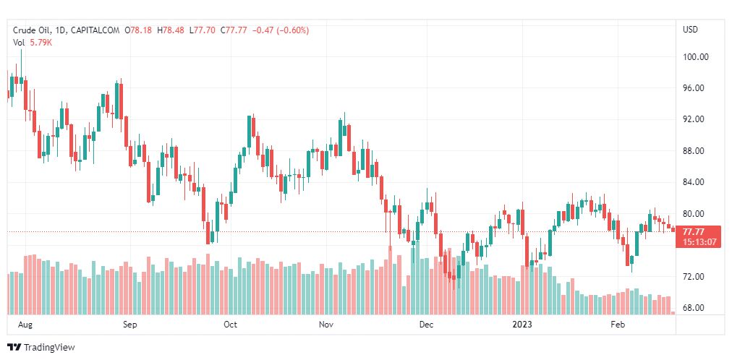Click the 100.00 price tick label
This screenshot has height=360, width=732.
(x=695, y=57)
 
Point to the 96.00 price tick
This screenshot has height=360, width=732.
(x=695, y=88)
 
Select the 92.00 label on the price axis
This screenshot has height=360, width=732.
(x=695, y=119)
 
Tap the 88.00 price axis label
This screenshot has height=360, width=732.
(x=695, y=151)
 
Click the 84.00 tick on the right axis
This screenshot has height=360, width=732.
(x=695, y=182)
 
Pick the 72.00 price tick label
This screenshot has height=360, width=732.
(x=695, y=277)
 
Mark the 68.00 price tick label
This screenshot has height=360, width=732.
(x=695, y=308)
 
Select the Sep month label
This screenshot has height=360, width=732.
(x=129, y=325)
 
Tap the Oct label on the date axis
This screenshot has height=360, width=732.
(x=230, y=325)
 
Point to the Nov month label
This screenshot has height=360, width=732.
(x=326, y=325)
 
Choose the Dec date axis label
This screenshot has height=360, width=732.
(x=426, y=325)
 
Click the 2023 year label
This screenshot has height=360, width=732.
(x=522, y=325)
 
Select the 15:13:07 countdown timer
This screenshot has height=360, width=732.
(x=696, y=241)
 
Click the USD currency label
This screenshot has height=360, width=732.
(x=691, y=30)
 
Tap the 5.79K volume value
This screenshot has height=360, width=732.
(x=41, y=43)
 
